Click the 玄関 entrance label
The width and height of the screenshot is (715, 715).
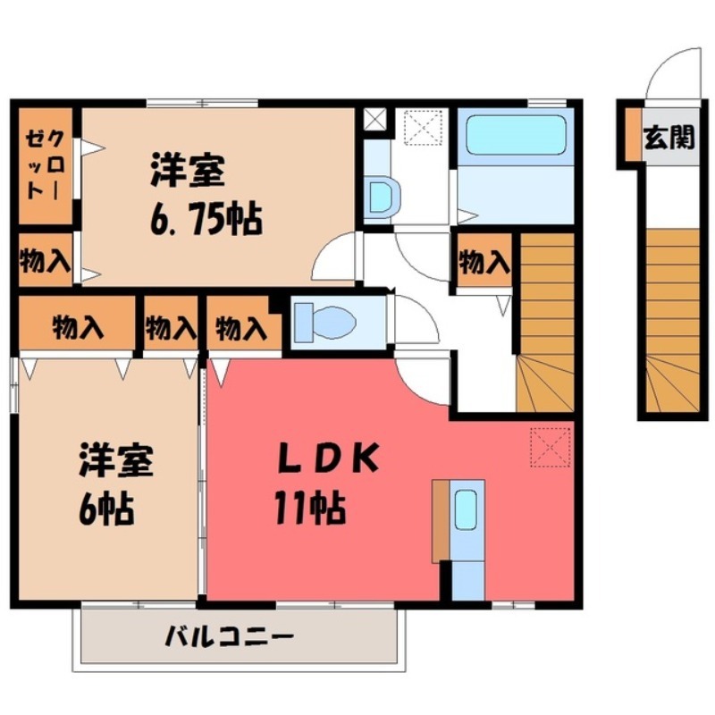coord(669,139)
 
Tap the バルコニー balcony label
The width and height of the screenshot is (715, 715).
coord(230,637)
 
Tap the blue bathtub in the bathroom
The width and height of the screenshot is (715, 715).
coord(517,135)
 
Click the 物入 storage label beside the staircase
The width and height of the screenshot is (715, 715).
coord(484,262)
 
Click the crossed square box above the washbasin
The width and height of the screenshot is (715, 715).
coord(373,118)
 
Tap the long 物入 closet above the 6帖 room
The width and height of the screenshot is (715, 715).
coord(77,328)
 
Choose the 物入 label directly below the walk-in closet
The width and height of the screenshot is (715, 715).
coord(44,261)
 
